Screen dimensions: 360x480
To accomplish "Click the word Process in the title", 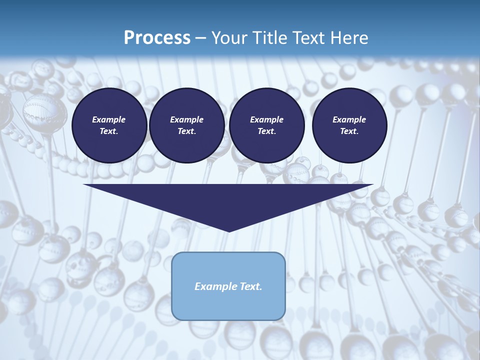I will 157,38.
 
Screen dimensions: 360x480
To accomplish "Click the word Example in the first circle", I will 109,119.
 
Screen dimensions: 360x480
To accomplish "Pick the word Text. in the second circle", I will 187,131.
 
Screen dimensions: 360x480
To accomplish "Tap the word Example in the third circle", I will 266,119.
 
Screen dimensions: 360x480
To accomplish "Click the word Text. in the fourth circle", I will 349,131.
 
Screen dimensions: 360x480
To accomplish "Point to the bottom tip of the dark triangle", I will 229,231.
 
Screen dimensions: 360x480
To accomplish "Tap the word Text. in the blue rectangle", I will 250,286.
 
